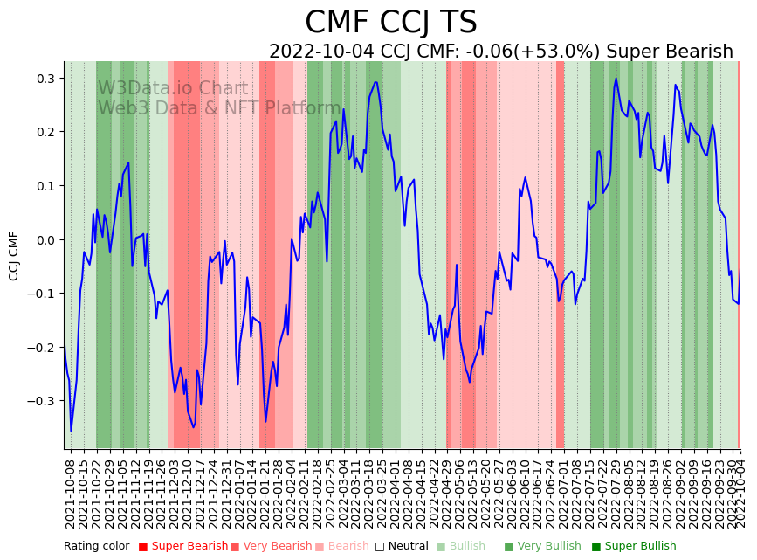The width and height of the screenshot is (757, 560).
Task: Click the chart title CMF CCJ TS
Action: point(391,22)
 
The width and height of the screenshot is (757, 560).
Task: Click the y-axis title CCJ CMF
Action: point(14,256)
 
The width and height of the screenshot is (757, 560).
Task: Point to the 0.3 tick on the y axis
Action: point(45,79)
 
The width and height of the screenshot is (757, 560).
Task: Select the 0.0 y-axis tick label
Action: point(45,239)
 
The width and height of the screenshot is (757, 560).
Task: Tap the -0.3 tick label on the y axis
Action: point(43,401)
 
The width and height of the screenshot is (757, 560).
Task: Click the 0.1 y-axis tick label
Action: point(45,186)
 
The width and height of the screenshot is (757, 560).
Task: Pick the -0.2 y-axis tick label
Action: point(43,348)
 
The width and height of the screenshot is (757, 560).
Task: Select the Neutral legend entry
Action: point(403,546)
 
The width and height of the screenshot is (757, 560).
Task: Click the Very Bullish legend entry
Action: point(549,546)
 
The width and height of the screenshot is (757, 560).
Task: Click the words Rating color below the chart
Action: point(96,546)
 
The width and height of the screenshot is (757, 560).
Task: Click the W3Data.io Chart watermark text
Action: point(173,89)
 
